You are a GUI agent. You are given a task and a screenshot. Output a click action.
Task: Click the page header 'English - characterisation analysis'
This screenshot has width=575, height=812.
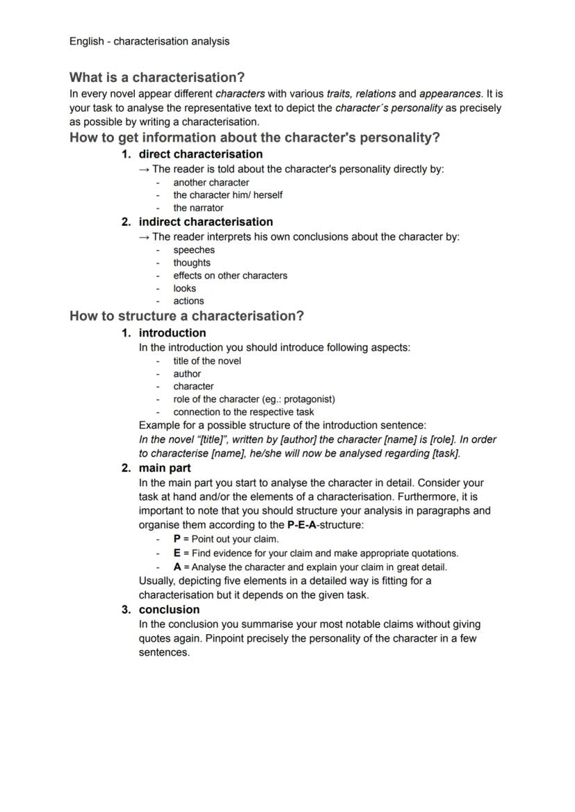[x=149, y=41]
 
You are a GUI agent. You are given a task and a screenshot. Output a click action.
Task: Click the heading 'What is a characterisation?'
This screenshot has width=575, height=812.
[x=157, y=77]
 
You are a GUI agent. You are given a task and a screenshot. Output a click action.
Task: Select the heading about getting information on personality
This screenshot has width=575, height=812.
[x=254, y=137]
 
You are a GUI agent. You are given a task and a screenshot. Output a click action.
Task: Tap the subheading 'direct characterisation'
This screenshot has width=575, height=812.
[x=201, y=154]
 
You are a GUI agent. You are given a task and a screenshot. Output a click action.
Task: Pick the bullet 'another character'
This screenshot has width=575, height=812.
[x=211, y=183]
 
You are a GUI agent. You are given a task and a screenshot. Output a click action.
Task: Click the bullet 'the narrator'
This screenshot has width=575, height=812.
[x=199, y=208]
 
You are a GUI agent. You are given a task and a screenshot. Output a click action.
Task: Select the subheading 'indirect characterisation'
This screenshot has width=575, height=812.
[x=206, y=222]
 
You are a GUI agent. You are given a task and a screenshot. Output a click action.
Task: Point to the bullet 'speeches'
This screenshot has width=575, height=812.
[x=194, y=250]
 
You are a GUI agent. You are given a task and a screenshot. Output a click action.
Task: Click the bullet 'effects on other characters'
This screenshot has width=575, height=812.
[x=230, y=276]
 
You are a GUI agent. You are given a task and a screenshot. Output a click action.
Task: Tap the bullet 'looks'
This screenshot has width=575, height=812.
[x=185, y=288]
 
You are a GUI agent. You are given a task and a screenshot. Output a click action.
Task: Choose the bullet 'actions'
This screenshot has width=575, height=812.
[x=189, y=301]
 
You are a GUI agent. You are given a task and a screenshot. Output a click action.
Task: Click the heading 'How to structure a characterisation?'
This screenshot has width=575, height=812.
[x=187, y=316]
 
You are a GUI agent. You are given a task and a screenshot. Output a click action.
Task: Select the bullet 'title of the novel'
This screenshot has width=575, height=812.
[x=208, y=361]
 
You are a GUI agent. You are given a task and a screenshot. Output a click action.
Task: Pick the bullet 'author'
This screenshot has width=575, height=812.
[x=187, y=374]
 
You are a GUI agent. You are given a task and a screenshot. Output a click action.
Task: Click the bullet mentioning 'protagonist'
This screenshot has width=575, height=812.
[x=254, y=399]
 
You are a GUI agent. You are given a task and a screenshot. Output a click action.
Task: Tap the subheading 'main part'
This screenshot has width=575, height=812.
[x=165, y=468]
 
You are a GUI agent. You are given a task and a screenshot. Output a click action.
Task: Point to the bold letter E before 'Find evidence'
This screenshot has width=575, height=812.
[x=177, y=554]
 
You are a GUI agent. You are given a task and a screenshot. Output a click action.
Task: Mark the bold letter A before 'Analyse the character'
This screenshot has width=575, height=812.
[x=177, y=567]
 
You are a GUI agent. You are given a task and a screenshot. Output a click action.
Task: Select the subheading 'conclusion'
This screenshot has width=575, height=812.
[x=169, y=610]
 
